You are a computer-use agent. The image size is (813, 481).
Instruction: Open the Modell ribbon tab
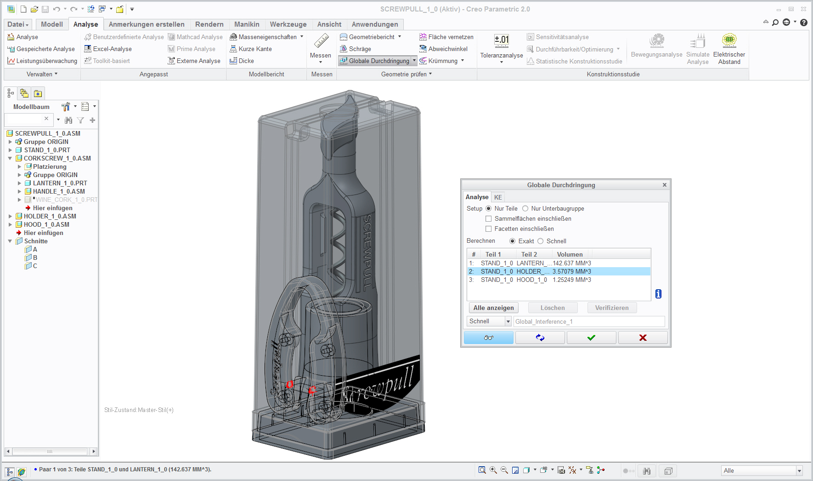51,24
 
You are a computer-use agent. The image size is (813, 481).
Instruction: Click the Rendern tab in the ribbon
209,24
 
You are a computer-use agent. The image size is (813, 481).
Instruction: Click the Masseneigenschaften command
267,37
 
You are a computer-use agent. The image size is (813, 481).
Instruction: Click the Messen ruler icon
321,41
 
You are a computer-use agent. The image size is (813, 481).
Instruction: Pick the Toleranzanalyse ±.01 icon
502,41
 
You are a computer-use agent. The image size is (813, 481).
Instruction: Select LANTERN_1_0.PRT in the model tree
60,183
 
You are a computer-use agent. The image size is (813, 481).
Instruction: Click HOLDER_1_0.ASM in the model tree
50,216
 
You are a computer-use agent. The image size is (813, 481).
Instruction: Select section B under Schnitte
35,258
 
